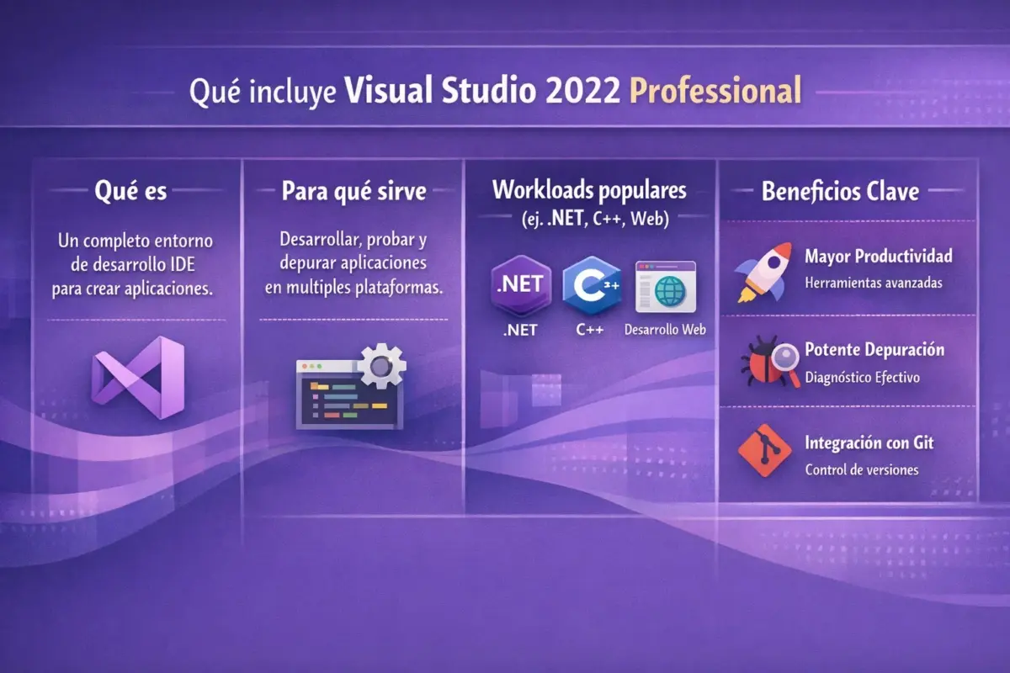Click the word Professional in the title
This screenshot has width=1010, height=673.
(x=715, y=90)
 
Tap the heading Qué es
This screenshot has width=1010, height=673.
(x=131, y=191)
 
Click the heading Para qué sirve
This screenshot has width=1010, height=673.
(x=353, y=191)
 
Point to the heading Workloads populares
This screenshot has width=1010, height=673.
(x=589, y=189)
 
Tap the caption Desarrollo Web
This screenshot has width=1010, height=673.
(x=665, y=330)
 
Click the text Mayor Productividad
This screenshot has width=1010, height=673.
(x=879, y=256)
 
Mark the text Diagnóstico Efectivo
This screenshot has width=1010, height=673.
(x=862, y=378)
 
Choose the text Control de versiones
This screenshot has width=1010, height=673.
(x=861, y=470)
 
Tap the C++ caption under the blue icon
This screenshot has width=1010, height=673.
(x=590, y=330)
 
